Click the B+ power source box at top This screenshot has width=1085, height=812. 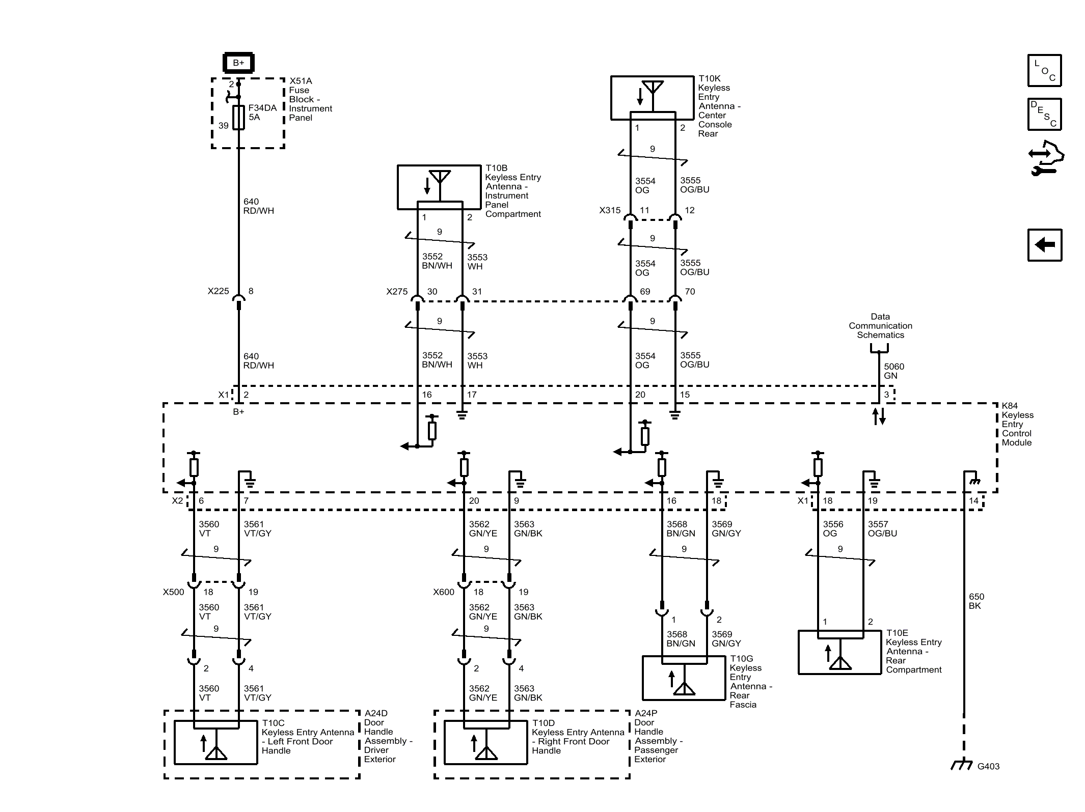pos(238,63)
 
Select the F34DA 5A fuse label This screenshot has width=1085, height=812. pos(262,113)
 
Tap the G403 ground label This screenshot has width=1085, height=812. pos(988,766)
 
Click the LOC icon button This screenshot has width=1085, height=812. pos(1044,70)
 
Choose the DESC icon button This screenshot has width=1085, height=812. pos(1044,115)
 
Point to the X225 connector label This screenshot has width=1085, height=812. pos(218,291)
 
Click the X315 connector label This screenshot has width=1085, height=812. pos(610,210)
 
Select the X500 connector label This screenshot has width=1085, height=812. pos(173,592)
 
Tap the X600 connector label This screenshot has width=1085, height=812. pos(443,592)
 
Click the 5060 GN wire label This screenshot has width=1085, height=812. pos(893,371)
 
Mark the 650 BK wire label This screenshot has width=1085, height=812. pos(976,601)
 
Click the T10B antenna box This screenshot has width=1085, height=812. pos(439,187)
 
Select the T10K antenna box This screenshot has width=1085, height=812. pos(652,98)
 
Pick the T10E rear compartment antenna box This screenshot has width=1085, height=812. pos(839,652)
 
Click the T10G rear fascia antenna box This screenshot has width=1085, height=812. pos(684,678)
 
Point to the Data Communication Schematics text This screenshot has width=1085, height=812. pos(880,326)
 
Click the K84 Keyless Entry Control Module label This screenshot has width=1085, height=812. pos(1017,424)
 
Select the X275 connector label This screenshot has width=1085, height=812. pos(397,292)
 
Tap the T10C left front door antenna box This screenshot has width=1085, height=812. pos(215,742)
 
